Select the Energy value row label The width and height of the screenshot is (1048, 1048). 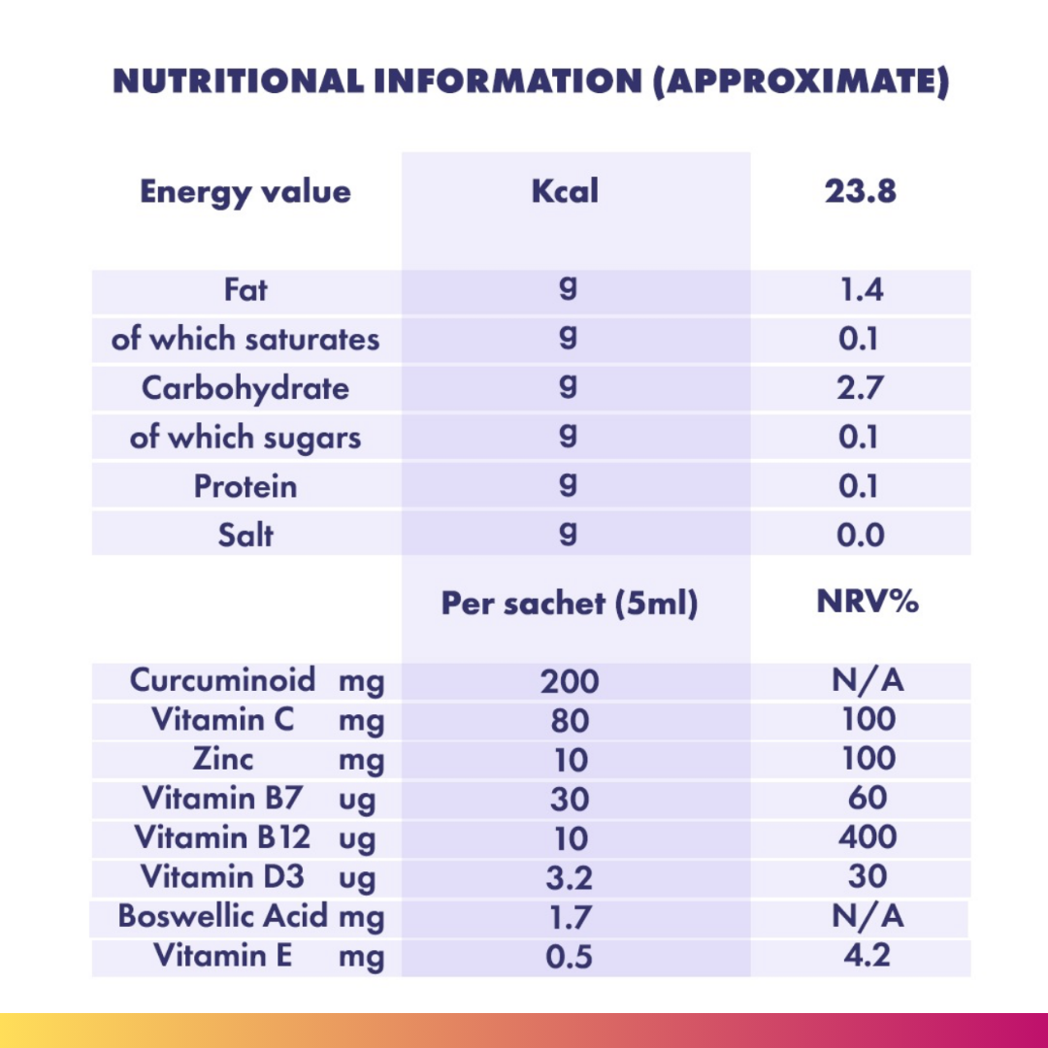pyautogui.click(x=246, y=191)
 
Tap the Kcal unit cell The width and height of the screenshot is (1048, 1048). pyautogui.click(x=566, y=191)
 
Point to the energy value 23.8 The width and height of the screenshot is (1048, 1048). pyautogui.click(x=861, y=191)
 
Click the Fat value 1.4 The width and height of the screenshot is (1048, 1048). pyautogui.click(x=861, y=291)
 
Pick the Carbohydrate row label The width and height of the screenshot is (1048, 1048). pyautogui.click(x=246, y=388)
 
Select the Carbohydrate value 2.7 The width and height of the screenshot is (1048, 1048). pyautogui.click(x=861, y=388)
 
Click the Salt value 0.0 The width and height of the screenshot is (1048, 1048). pyautogui.click(x=861, y=535)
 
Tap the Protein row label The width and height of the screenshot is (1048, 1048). pyautogui.click(x=246, y=486)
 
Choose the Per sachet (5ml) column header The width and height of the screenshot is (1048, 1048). pyautogui.click(x=570, y=604)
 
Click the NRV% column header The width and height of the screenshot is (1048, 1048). pyautogui.click(x=867, y=602)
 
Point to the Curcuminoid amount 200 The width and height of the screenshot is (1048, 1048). pyautogui.click(x=570, y=681)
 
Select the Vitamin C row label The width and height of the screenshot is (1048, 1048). pyautogui.click(x=223, y=720)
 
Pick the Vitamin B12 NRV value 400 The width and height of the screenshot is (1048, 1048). pyautogui.click(x=868, y=836)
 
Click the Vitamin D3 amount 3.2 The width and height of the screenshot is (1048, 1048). pyautogui.click(x=570, y=877)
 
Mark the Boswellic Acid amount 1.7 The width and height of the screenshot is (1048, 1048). pyautogui.click(x=570, y=917)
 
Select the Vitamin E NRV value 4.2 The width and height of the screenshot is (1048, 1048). pyautogui.click(x=867, y=956)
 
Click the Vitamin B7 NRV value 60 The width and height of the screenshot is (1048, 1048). pyautogui.click(x=867, y=798)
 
